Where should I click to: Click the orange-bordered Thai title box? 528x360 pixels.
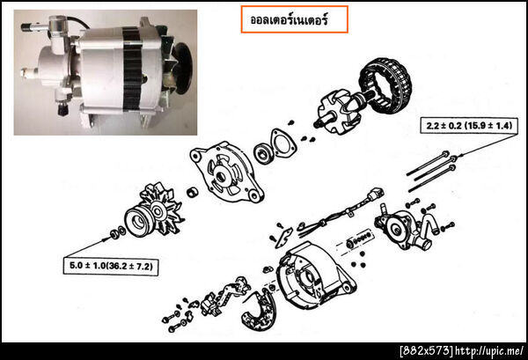click(x=294, y=19)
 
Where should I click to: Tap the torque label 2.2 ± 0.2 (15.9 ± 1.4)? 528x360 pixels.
click(x=469, y=126)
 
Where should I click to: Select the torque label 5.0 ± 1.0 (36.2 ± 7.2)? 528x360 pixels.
click(x=111, y=266)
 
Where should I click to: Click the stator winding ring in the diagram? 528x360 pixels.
click(x=385, y=86)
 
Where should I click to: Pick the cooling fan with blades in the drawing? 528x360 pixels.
click(x=161, y=208)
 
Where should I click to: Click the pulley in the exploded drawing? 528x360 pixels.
click(x=139, y=222)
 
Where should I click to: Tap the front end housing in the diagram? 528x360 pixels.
click(x=225, y=173)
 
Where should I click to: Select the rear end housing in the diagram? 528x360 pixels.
click(x=315, y=276)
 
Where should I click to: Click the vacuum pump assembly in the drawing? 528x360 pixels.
click(x=404, y=226)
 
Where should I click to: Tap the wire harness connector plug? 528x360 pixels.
click(x=376, y=194)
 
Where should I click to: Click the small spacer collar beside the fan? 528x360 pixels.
click(x=192, y=192)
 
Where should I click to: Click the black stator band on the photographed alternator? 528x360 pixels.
click(x=132, y=69)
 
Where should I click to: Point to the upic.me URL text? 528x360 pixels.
click(x=489, y=351)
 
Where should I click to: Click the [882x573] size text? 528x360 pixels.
click(x=426, y=351)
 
